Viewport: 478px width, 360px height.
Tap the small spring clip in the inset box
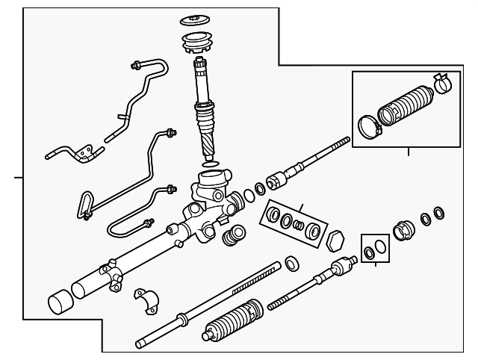(440, 84)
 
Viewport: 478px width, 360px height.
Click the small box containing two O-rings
(373, 248)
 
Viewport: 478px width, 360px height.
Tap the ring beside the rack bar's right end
(292, 262)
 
